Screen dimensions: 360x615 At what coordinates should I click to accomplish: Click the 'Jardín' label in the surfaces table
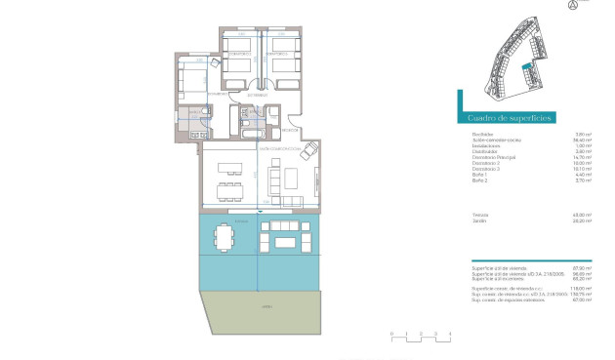point(478,221)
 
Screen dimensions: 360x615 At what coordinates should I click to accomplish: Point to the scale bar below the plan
point(421,337)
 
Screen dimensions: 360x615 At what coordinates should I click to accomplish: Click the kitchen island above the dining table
point(228,163)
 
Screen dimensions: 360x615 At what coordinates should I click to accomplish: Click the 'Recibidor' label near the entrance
point(289,129)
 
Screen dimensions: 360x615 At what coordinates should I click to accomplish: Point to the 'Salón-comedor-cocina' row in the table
point(496,140)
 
